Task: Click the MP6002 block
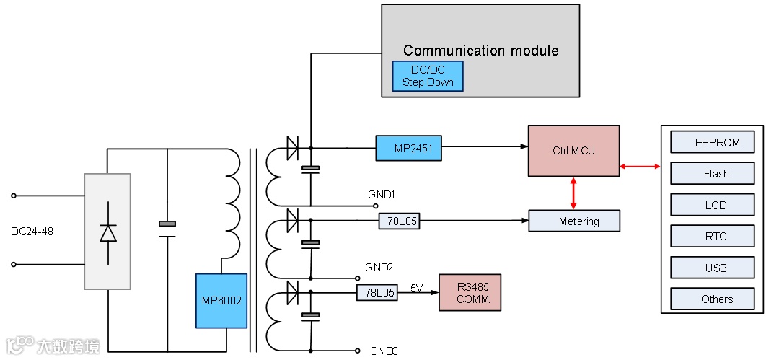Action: (x=221, y=300)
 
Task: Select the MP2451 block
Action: (x=408, y=148)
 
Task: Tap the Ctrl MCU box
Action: (x=573, y=151)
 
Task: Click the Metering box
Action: (x=574, y=221)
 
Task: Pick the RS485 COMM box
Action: (x=470, y=292)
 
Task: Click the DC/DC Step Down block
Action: (x=428, y=76)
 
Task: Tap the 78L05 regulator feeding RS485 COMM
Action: (x=377, y=293)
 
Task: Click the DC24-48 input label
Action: (x=32, y=232)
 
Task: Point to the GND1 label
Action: (x=381, y=195)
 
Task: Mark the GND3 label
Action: (x=384, y=351)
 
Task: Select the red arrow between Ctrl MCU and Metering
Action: (x=574, y=193)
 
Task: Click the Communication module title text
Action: (x=480, y=51)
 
